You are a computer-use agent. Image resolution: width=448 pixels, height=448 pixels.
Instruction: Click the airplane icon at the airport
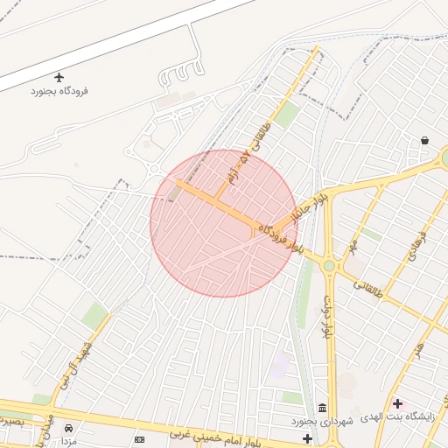tap(59, 78)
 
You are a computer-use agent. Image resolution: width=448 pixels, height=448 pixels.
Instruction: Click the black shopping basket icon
tap(424, 140)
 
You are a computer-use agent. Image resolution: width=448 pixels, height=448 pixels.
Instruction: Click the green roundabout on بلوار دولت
tap(329, 265)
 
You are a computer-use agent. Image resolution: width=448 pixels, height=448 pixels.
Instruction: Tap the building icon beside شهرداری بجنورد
tap(323, 409)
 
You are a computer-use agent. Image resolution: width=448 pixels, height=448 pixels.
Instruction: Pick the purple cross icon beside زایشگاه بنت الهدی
tap(398, 403)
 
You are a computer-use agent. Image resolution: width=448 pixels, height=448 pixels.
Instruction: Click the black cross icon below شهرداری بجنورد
tap(307, 437)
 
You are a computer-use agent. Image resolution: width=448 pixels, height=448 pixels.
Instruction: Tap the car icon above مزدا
tap(69, 429)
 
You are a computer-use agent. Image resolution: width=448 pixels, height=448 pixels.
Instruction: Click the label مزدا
tap(69, 442)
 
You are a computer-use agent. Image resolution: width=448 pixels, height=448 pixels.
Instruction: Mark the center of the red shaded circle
tap(224, 223)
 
